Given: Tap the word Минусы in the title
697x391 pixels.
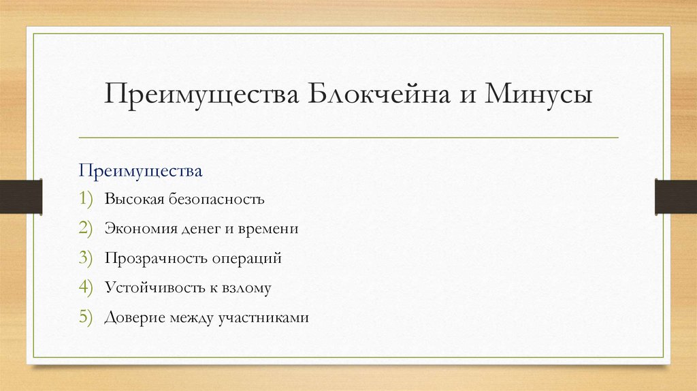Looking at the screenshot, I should (538, 94).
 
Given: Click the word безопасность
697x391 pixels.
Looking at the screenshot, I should (223, 200).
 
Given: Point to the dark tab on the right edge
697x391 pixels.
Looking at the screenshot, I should (675, 195).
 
